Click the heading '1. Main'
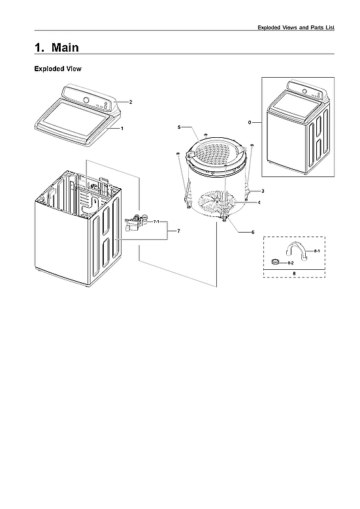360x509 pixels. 56,48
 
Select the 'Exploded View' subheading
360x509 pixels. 57,69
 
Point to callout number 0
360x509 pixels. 250,122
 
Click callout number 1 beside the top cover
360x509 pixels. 122,129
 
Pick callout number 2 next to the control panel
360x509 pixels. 131,102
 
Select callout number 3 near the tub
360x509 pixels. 262,190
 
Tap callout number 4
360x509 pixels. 259,203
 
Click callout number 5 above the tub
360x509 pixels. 179,126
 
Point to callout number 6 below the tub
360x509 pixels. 253,233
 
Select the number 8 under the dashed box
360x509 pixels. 294,272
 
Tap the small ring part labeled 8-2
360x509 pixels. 276,262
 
